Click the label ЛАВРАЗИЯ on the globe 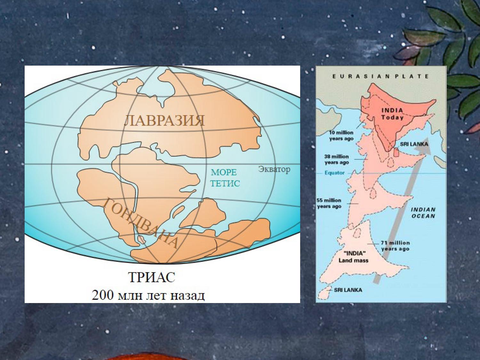coord(164,121)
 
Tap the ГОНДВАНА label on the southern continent coord(140,223)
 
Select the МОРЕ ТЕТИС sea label coord(225,178)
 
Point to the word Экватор coord(274,169)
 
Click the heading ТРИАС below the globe coord(152,277)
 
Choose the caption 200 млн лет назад coord(148,295)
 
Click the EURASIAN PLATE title coord(380,76)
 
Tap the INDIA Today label coord(392,114)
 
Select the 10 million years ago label coord(341,135)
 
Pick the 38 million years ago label coord(337,159)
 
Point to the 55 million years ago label coord(329,203)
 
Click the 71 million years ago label coord(395,246)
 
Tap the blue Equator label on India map coord(335,173)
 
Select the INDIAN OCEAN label coord(423,212)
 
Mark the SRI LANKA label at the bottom coord(348,290)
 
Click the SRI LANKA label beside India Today coord(414,144)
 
